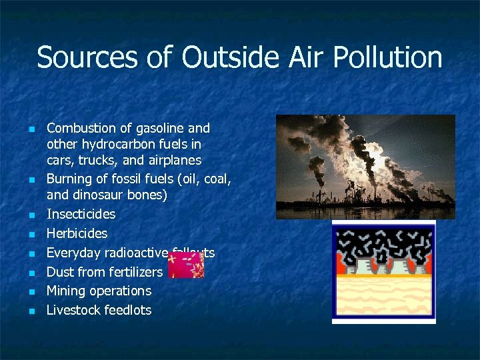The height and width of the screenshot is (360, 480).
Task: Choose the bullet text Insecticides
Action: (x=81, y=215)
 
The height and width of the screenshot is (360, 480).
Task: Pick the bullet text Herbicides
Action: (x=77, y=234)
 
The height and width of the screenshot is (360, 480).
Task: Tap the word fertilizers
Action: (x=138, y=272)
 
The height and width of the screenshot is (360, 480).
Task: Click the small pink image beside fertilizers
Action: (x=185, y=265)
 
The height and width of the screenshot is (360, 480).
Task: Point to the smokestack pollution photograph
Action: (x=365, y=167)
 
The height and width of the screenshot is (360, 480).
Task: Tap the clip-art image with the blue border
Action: (x=384, y=272)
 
